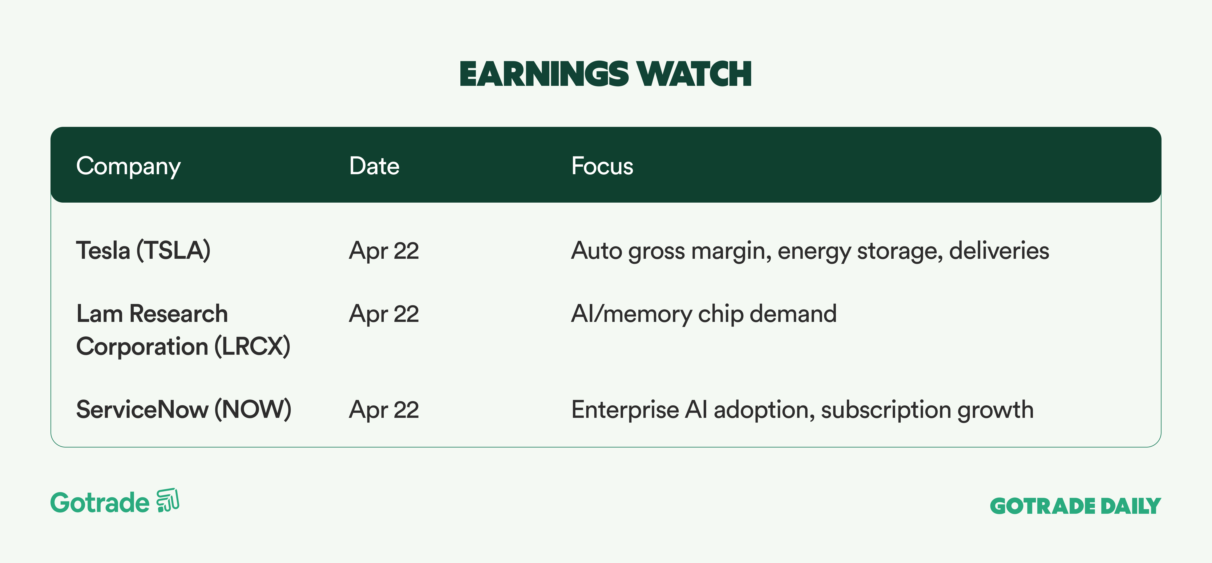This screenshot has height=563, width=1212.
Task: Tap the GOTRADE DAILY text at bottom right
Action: coord(1076,506)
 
